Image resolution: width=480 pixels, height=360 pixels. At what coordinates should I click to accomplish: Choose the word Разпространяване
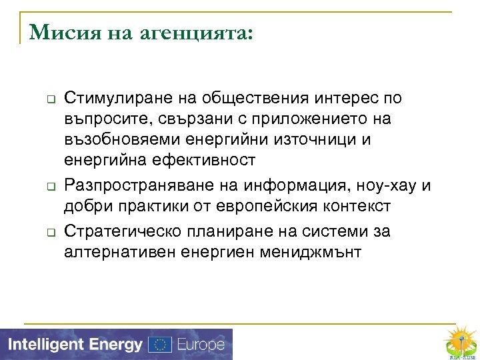coord(137,185)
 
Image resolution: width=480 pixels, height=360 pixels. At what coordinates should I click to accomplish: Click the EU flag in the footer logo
coord(159,345)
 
